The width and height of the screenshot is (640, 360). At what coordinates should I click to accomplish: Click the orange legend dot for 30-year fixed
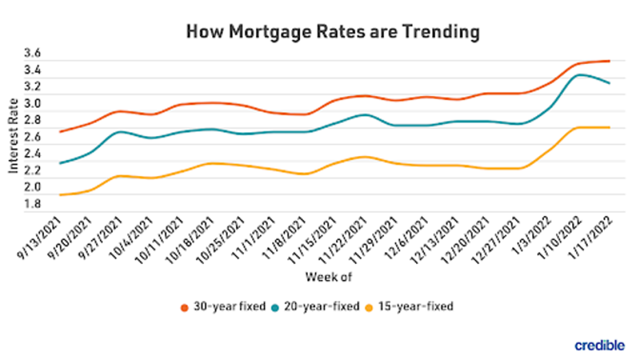185,306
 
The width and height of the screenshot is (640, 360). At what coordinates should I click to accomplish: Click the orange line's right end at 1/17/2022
610,61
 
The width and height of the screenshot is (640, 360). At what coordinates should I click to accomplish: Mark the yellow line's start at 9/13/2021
60,195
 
